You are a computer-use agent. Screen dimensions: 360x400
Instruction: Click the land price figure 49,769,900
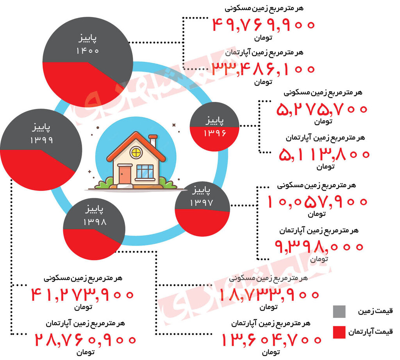264,25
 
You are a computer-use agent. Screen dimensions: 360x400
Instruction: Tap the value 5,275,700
322,109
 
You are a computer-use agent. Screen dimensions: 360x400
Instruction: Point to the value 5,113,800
324,154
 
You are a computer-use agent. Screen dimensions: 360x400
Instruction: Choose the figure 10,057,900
318,201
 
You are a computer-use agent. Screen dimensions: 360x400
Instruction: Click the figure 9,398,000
320,246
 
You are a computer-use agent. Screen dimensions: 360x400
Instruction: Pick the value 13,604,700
271,339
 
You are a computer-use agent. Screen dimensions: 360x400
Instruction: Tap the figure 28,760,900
86,339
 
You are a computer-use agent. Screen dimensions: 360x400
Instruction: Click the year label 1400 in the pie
88,51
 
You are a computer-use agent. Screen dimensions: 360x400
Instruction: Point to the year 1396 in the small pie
214,133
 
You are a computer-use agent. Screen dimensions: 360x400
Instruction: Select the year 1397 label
201,203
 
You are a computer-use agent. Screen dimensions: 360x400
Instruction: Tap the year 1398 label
95,223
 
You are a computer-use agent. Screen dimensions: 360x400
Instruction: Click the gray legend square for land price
339,312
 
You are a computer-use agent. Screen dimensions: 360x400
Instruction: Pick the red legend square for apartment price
339,332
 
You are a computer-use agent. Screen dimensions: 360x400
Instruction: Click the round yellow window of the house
136,152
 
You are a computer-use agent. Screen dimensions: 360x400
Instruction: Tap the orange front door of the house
125,175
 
